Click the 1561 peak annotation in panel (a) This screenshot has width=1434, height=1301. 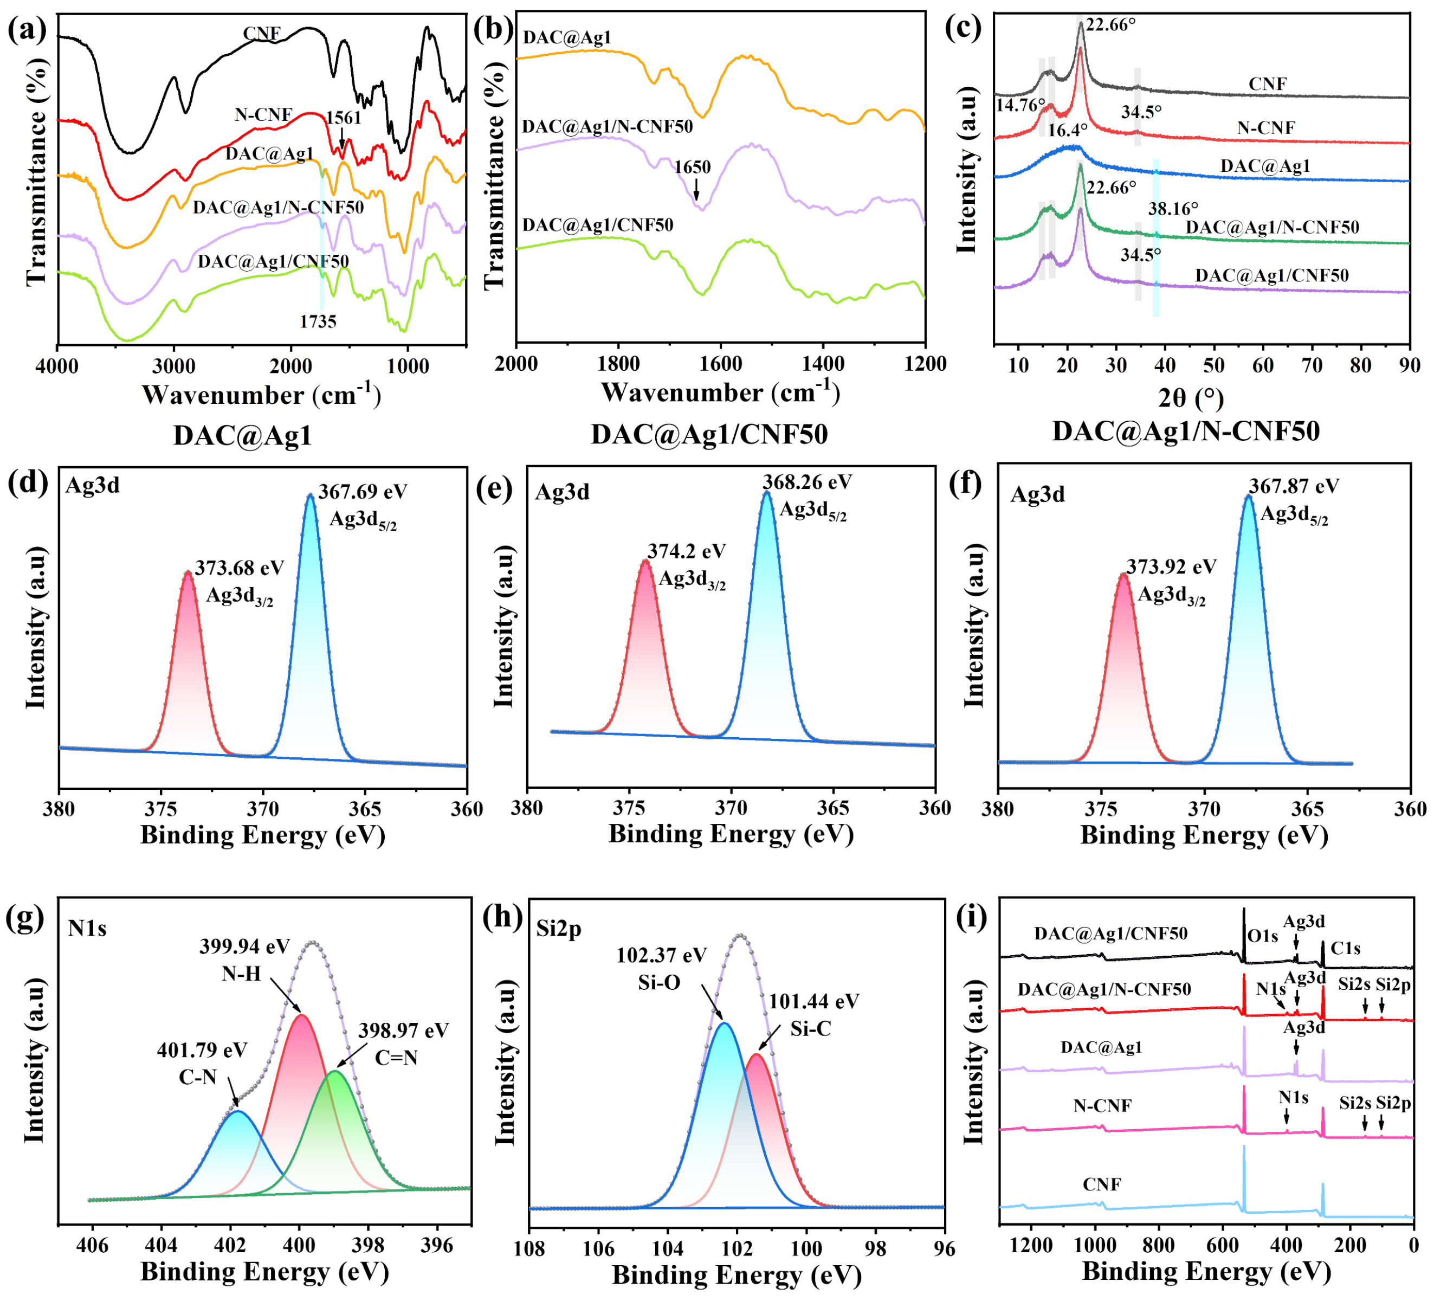point(344,118)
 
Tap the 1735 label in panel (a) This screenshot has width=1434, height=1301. point(318,321)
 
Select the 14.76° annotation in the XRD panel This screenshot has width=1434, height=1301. point(1020,105)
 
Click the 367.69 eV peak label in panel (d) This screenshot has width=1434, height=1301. point(363,492)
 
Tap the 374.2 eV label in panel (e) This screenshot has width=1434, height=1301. point(687,551)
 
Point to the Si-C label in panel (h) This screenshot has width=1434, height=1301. point(810,1029)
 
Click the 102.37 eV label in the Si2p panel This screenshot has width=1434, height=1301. point(662,955)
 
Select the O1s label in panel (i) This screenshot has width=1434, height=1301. point(1263,936)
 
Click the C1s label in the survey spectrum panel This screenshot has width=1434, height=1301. point(1346,948)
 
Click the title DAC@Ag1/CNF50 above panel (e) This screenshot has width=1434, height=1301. point(709,434)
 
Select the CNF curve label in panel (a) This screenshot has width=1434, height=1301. point(262,34)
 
